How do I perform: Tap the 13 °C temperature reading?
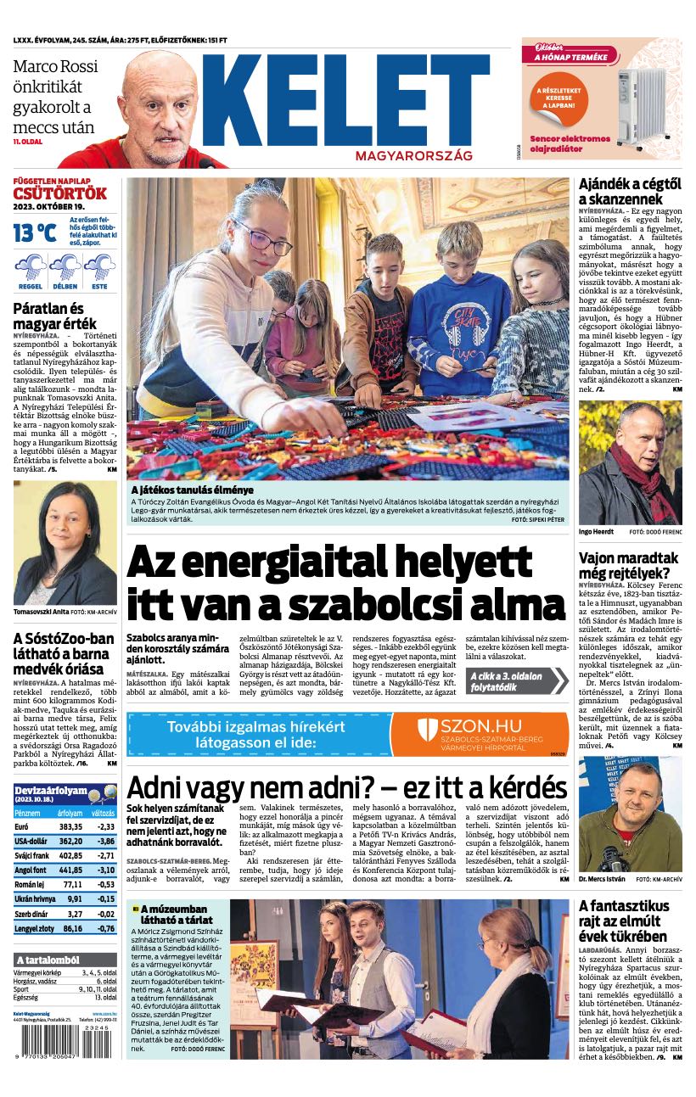click(x=35, y=232)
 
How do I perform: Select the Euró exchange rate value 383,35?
click(x=70, y=826)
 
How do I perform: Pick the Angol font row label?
click(x=31, y=870)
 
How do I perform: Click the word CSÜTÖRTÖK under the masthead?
click(x=59, y=193)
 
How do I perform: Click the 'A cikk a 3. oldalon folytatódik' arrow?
click(x=516, y=680)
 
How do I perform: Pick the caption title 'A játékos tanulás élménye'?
click(x=192, y=490)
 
